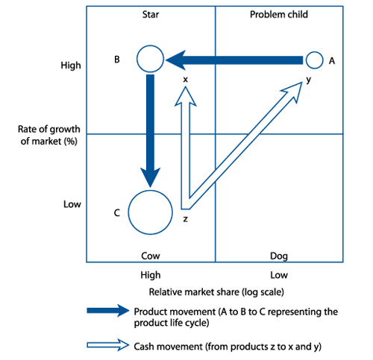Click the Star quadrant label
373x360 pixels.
tap(151, 14)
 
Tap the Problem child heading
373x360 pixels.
tap(279, 14)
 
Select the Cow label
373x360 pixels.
tap(151, 256)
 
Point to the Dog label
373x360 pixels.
tap(279, 256)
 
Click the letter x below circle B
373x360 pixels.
tap(185, 80)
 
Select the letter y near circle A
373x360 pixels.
tap(308, 80)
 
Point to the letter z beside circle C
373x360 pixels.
tap(185, 219)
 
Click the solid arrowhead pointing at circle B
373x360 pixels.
tap(175, 60)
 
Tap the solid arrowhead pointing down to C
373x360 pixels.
tap(150, 177)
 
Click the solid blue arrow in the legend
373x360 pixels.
tap(108, 311)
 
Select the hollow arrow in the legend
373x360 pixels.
tap(108, 345)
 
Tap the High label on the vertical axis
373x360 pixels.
tap(71, 66)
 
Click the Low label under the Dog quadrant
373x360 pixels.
tap(279, 275)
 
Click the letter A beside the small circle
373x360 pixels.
tap(332, 61)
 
